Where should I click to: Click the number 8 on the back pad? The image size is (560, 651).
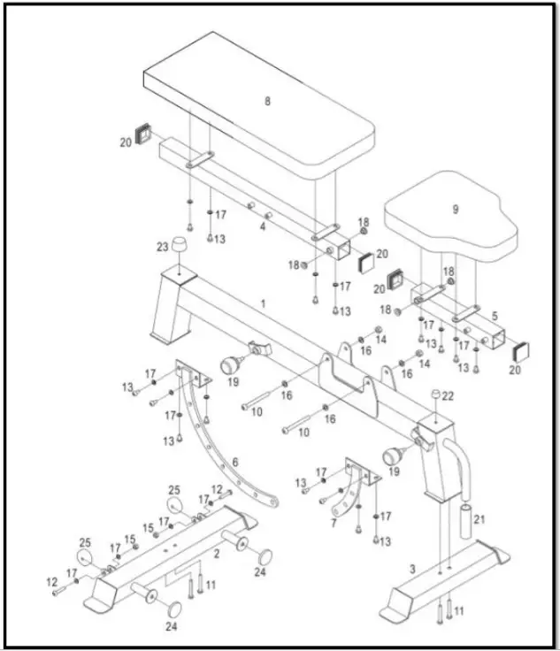267,101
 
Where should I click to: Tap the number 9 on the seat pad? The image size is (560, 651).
455,210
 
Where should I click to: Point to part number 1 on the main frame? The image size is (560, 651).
262,303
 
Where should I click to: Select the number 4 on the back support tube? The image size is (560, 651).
262,226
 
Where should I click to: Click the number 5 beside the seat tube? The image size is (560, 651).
494,315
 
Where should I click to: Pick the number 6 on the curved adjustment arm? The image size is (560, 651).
234,462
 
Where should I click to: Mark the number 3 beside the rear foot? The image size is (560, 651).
411,569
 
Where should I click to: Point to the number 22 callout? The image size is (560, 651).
448,395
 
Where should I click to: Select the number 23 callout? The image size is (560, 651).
162,247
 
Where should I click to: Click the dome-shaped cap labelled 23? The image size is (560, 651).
180,245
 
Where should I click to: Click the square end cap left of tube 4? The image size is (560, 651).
142,134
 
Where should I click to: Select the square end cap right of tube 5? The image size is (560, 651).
522,348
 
